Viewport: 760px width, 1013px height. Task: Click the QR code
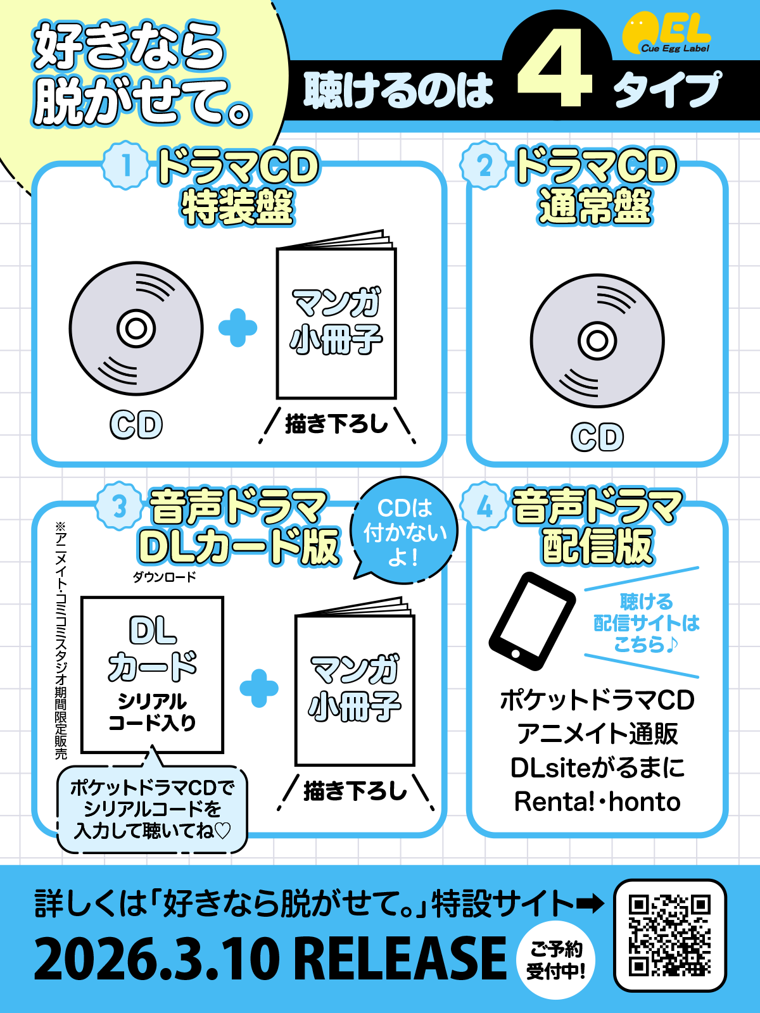669,934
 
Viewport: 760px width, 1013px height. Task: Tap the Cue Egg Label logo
666,35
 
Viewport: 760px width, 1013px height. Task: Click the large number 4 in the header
555,68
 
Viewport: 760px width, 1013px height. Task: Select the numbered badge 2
484,165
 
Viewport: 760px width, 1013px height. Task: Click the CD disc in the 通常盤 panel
597,341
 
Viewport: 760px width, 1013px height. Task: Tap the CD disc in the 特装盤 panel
136,328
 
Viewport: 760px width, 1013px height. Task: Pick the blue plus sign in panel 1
237,328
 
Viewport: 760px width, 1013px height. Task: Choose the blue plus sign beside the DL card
259,688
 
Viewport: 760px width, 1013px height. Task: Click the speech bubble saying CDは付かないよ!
404,531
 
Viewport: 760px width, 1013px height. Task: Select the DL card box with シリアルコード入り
152,675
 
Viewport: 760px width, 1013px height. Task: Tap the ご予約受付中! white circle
556,960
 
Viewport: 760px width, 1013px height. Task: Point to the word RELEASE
400,959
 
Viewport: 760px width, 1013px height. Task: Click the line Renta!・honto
597,802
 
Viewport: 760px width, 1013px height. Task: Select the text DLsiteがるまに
597,768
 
